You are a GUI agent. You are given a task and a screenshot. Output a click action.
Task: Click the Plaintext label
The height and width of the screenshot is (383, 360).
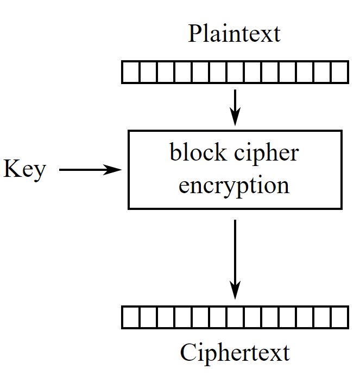(234, 34)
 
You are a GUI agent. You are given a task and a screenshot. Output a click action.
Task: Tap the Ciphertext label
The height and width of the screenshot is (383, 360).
(235, 353)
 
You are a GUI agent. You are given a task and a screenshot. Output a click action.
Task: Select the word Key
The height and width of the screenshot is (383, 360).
(24, 170)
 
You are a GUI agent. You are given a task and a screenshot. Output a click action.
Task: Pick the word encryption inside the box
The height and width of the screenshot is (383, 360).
(234, 186)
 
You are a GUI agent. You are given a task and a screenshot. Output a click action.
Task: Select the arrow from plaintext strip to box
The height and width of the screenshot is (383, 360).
(235, 106)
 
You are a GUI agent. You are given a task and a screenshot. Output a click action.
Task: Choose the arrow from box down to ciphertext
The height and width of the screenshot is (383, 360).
(235, 255)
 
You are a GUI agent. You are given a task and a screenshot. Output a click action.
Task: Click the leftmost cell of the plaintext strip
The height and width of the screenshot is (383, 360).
(130, 72)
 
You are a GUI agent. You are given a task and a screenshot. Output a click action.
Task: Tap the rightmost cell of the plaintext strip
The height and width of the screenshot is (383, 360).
(339, 72)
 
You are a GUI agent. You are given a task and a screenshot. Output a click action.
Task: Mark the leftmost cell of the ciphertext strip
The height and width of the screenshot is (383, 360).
(130, 317)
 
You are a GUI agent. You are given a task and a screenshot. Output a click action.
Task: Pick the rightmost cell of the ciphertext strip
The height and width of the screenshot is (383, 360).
(339, 317)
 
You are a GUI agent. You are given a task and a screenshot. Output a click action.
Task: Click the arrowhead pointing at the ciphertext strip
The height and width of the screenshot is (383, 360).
(235, 290)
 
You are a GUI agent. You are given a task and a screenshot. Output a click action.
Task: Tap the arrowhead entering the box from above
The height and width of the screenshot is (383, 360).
(235, 118)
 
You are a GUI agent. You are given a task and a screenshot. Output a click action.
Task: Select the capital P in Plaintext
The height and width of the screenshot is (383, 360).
(194, 34)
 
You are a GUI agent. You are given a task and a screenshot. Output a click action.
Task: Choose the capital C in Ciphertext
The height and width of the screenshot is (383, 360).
(188, 353)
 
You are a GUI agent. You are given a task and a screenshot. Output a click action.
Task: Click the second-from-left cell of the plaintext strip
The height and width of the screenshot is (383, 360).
(148, 72)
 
